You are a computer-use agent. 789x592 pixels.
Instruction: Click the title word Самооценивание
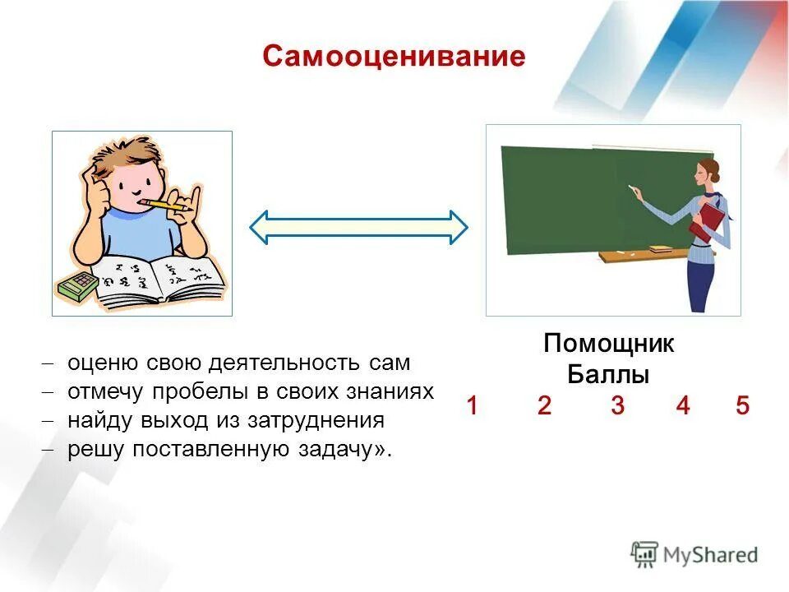click(x=394, y=56)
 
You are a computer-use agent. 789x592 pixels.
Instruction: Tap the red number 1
click(x=473, y=405)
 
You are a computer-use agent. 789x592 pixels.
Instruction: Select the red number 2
click(x=544, y=405)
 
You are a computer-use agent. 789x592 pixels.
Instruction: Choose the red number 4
click(x=682, y=405)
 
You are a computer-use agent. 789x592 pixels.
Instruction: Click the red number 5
click(x=742, y=405)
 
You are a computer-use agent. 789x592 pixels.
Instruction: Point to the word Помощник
click(x=608, y=344)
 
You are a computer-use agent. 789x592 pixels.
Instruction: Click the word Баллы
click(x=608, y=375)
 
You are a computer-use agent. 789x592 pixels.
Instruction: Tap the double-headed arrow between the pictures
click(x=358, y=226)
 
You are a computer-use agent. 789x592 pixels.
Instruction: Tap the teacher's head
click(x=705, y=172)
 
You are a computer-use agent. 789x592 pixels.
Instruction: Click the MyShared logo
click(x=694, y=554)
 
